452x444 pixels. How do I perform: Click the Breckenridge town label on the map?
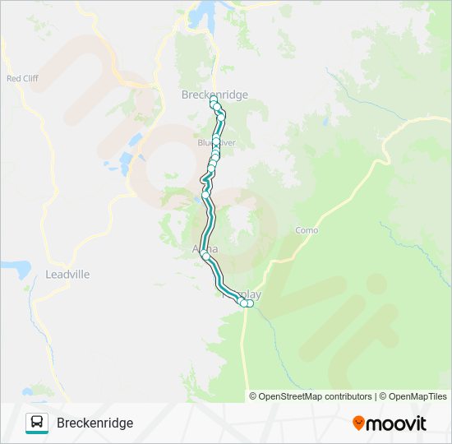[x=214, y=95]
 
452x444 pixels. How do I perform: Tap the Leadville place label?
[x=68, y=275]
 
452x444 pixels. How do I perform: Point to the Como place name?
[x=306, y=231]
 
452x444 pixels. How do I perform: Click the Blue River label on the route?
[x=216, y=142]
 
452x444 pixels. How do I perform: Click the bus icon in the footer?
[x=36, y=423]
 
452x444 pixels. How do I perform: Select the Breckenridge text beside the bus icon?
[x=95, y=423]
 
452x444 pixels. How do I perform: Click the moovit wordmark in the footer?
[x=396, y=423]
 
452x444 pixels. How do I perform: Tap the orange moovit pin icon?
[x=358, y=423]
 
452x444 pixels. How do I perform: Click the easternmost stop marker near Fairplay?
[x=249, y=303]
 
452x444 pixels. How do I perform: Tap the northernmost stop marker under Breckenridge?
[x=214, y=100]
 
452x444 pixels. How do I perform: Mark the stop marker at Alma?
[x=206, y=256]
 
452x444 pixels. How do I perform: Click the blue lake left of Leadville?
[x=12, y=268]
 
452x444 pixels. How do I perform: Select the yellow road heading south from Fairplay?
[x=244, y=345]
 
